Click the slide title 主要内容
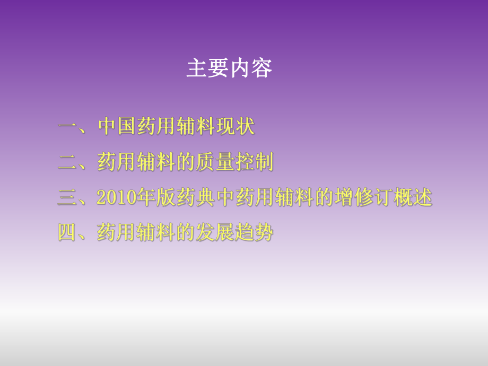[229, 69]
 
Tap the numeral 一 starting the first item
[68, 127]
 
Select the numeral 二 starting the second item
[68, 162]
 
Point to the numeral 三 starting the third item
[68, 198]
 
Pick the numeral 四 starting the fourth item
[68, 233]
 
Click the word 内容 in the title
[251, 69]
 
